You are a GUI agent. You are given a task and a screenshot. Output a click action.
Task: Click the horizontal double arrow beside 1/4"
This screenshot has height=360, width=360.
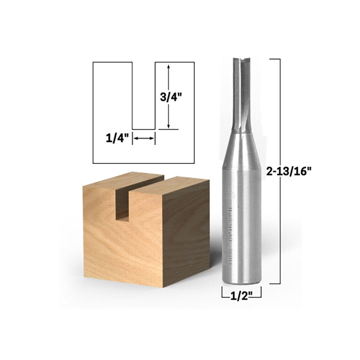tap(144, 139)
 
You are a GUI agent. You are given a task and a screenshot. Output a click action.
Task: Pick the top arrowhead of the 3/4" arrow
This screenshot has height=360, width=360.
tap(168, 66)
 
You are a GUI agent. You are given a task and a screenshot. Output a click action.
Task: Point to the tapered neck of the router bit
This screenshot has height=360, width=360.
tap(242, 139)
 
